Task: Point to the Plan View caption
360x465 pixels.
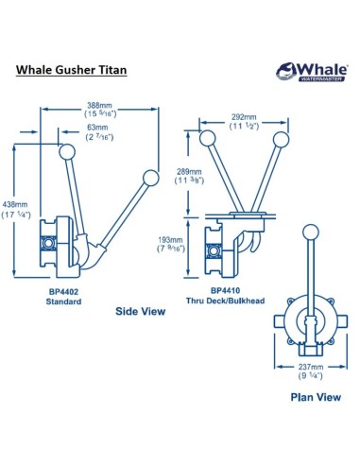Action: [314, 425]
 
